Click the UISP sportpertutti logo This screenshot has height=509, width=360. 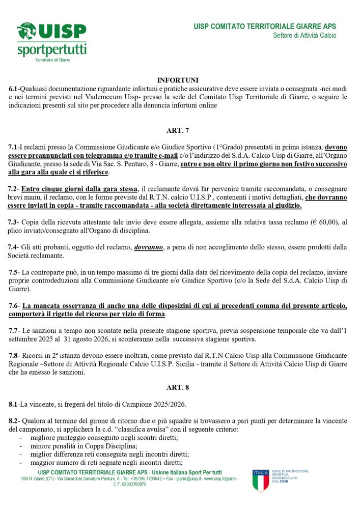tap(52, 41)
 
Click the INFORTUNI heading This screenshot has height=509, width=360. tap(177, 80)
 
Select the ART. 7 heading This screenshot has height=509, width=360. tap(177, 130)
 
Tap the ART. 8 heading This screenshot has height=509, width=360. tap(177, 388)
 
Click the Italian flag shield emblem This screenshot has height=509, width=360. tap(260, 480)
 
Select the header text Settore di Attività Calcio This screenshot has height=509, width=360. tap(304, 36)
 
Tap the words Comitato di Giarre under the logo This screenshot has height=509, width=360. tap(52, 60)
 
